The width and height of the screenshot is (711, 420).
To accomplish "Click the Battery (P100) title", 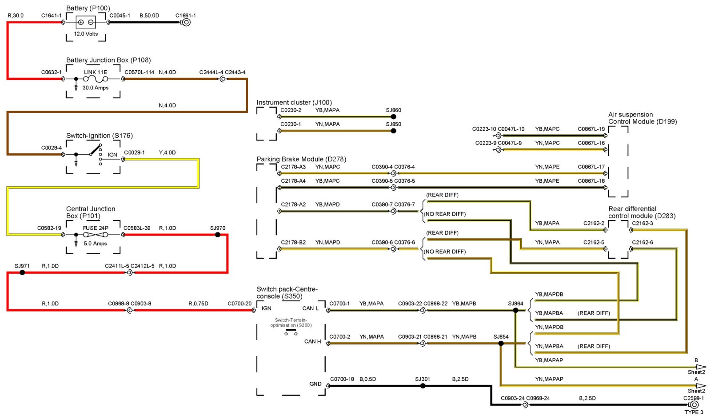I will pos(88,8).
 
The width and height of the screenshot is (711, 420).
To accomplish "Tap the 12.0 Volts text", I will pos(86,34).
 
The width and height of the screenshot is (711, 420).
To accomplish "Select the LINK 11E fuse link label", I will pos(96,72).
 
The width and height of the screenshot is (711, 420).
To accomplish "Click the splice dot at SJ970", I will pos(218,235).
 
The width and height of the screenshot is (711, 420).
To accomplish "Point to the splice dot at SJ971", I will pos(22,272).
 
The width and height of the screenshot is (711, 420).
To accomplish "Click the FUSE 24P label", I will pos(96,228).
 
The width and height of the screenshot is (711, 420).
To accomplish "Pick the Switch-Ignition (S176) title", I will pos(100,136).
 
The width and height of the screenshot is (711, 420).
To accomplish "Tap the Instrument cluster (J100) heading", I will pos(294,102).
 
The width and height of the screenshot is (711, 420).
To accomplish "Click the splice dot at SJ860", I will pos(393,117).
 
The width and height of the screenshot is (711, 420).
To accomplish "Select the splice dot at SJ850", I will pos(393,131).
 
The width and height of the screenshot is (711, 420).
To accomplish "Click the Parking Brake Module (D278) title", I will pos(301,159).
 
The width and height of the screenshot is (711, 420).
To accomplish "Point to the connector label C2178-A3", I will pos(293,167).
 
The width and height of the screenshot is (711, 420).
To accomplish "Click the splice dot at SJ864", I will pos(515,310).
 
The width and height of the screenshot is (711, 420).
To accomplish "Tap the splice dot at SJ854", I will pos(501,343).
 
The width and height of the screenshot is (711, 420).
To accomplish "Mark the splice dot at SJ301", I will pos(423,386).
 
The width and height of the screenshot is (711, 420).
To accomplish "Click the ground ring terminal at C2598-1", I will pos(694,404).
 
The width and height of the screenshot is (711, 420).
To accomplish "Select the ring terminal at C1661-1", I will pos(187,22).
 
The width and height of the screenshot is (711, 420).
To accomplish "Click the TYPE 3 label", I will pos(694,412).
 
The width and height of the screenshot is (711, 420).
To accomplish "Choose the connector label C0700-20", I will pos(240,304).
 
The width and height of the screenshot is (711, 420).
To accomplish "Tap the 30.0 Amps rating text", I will pos(96,88).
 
